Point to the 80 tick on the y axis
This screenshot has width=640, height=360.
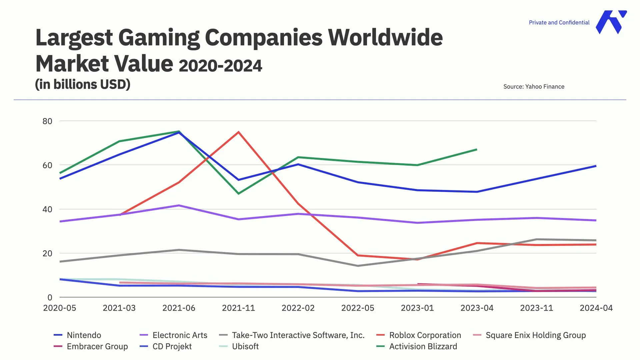click(47, 121)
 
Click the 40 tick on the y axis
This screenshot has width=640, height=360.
click(47, 209)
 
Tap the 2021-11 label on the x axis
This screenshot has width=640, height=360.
click(238, 308)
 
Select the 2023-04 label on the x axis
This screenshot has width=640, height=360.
click(477, 308)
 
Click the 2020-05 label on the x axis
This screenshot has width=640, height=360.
click(60, 308)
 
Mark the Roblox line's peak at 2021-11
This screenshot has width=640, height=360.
click(238, 132)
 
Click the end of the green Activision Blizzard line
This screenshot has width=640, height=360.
click(477, 149)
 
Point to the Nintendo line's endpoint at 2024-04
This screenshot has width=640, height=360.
click(596, 166)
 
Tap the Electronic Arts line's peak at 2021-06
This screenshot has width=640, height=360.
click(179, 205)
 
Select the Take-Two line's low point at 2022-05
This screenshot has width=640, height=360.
click(358, 266)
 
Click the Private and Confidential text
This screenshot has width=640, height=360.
click(559, 22)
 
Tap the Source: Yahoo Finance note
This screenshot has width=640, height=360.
click(534, 87)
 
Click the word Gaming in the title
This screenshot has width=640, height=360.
click(159, 37)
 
